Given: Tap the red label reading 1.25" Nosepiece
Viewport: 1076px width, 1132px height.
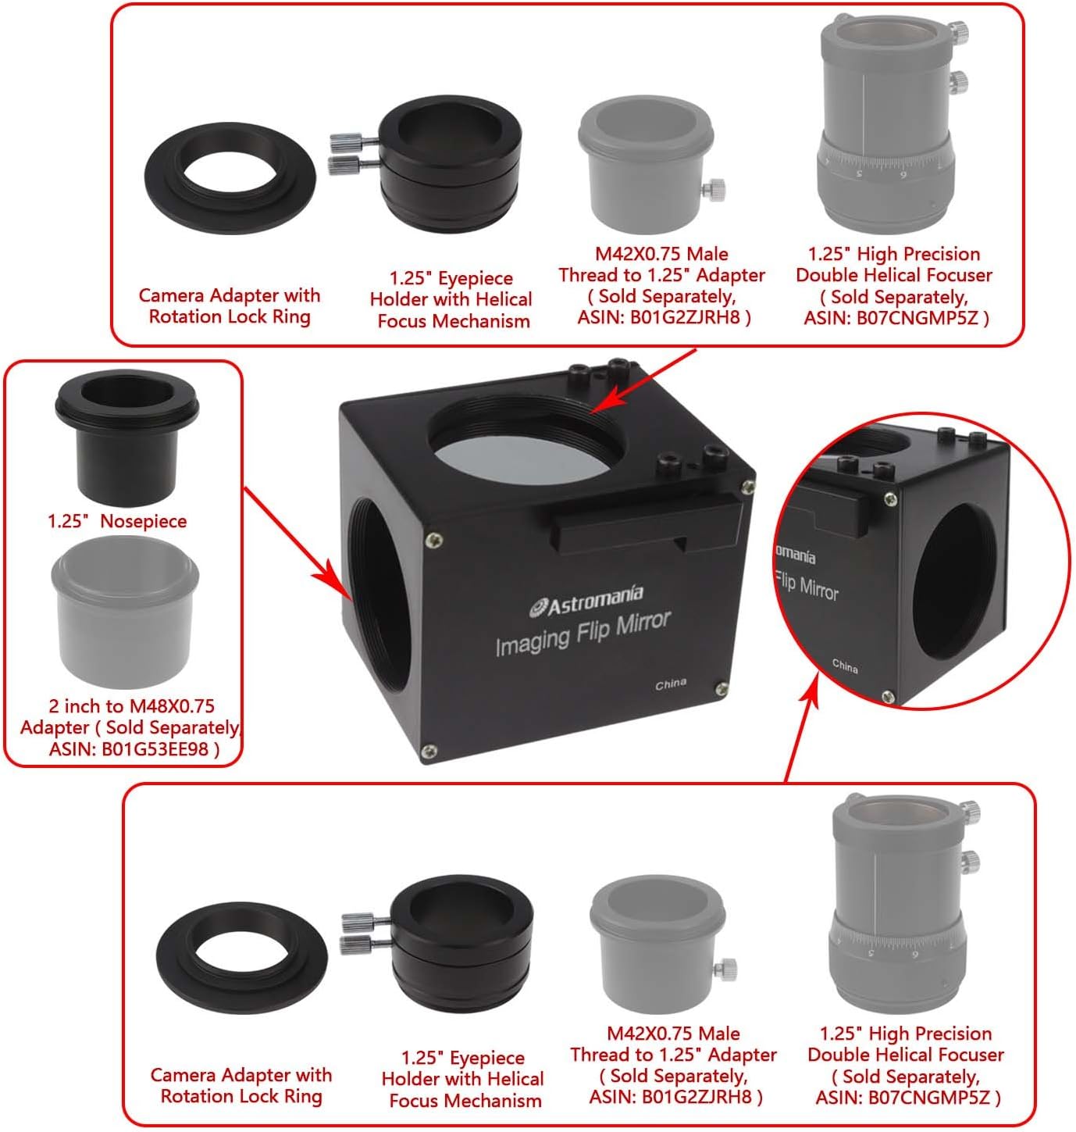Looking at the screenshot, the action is pyautogui.click(x=117, y=521).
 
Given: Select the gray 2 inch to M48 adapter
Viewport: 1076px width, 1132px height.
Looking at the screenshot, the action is pyautogui.click(x=125, y=612).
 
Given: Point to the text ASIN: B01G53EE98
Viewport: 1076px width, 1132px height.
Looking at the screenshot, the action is pyautogui.click(x=134, y=749).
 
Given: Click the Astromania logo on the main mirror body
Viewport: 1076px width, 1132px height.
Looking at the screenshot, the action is pyautogui.click(x=586, y=601).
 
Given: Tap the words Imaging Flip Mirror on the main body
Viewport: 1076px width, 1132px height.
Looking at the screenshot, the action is pyautogui.click(x=583, y=633).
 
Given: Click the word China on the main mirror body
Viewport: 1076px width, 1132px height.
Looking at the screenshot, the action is pyautogui.click(x=671, y=684).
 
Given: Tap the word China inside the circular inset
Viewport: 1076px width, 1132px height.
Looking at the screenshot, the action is pyautogui.click(x=845, y=666).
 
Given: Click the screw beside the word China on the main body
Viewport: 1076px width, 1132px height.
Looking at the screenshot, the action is pyautogui.click(x=721, y=687).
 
